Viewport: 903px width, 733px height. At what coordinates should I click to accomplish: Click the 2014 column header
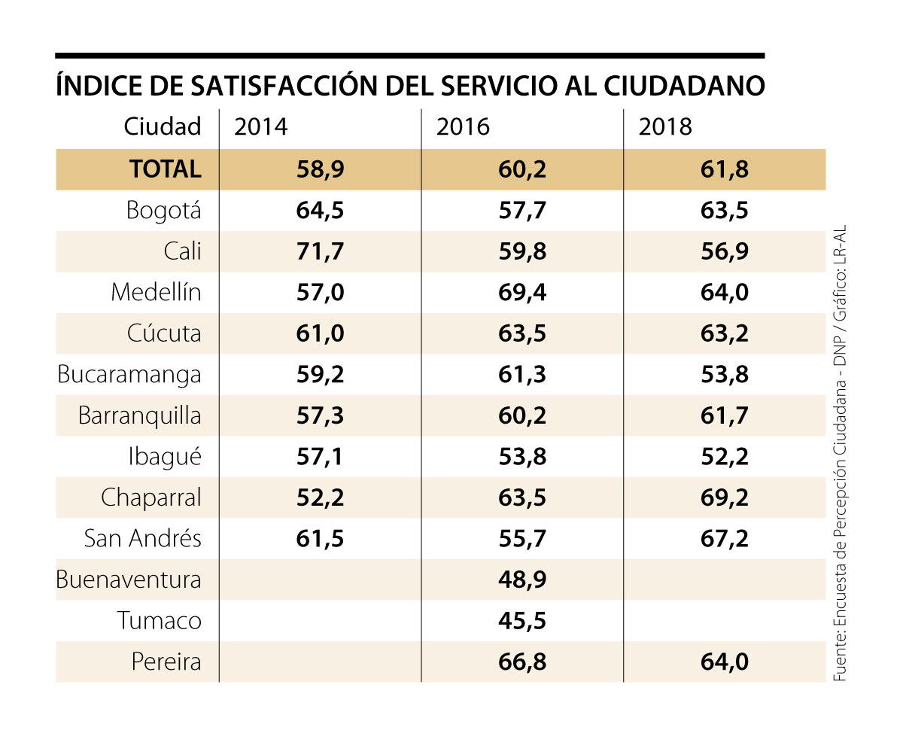click(x=261, y=127)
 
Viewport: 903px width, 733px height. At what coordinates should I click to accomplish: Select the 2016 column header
click(x=463, y=127)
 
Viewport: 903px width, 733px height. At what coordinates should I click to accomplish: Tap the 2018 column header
click(x=664, y=127)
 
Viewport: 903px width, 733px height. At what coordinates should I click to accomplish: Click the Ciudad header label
click(x=163, y=127)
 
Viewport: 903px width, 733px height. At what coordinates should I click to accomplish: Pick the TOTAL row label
click(x=166, y=169)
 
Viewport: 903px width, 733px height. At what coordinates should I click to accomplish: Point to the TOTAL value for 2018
click(x=724, y=169)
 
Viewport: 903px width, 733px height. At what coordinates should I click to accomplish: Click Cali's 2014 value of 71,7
click(x=320, y=251)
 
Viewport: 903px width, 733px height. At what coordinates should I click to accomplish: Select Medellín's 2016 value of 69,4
click(x=521, y=292)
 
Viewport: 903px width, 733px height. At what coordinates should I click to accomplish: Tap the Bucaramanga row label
click(x=129, y=375)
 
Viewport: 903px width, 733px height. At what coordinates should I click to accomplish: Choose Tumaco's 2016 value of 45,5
click(x=521, y=621)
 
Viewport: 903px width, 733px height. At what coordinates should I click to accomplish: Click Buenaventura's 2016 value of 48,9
click(x=521, y=580)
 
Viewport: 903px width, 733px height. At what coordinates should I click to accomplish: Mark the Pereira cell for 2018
click(x=724, y=662)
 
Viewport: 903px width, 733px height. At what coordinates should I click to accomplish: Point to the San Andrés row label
click(x=143, y=539)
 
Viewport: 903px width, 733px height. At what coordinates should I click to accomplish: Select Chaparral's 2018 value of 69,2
click(x=724, y=498)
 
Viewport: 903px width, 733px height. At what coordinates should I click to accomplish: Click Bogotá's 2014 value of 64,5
click(x=320, y=211)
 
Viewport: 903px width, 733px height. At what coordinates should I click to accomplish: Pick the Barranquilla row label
click(x=140, y=416)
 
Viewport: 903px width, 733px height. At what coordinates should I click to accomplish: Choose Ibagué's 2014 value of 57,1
click(x=320, y=457)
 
